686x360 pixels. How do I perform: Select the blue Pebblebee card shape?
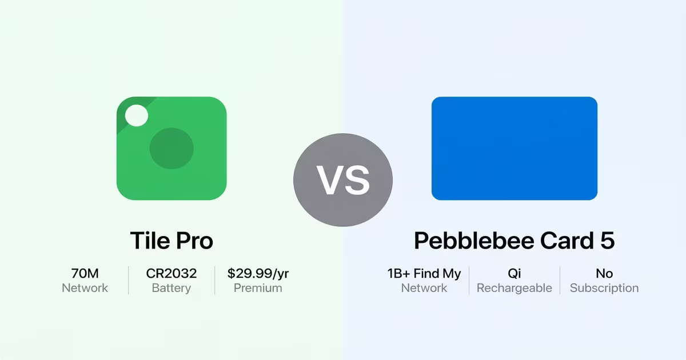point(514,149)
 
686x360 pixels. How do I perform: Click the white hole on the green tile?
point(136,116)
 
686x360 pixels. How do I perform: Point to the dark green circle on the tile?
point(171,149)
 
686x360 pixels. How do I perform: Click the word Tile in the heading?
point(148,241)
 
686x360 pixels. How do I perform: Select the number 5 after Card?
point(607,241)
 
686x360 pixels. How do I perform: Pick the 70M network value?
point(85,274)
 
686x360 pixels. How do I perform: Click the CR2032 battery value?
point(171,274)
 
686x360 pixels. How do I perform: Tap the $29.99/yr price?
point(258,274)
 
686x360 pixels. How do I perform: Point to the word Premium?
point(258,288)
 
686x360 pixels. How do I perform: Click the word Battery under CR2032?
point(171,288)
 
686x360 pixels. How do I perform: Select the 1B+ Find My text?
point(424,274)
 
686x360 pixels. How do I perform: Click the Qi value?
point(514,274)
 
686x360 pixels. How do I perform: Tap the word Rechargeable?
point(514,288)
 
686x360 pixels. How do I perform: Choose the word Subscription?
point(604,288)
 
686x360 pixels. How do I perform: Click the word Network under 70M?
point(85,288)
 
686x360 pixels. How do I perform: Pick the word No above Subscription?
point(604,274)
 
